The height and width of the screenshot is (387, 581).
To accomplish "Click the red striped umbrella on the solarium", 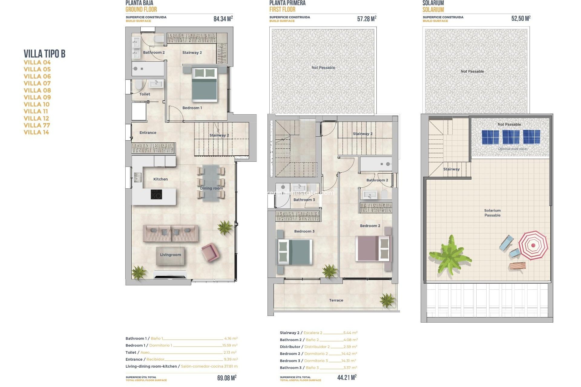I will (533, 245).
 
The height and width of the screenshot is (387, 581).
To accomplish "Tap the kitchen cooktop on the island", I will (156, 194).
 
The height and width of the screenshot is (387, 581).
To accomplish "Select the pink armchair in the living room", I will (209, 252).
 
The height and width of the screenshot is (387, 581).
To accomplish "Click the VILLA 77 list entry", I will (37, 125).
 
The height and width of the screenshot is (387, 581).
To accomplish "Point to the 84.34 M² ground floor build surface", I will (223, 19).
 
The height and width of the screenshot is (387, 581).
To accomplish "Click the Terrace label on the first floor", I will (336, 300).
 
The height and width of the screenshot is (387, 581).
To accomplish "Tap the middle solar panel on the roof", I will (511, 137).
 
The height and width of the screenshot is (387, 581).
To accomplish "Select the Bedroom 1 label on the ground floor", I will (192, 108).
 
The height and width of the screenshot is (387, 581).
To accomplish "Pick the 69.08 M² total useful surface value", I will (227, 378).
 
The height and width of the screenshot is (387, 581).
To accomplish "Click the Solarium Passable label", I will (492, 213).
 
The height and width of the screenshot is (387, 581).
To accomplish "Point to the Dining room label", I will (211, 188).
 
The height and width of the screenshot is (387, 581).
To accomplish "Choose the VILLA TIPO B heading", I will (44, 54).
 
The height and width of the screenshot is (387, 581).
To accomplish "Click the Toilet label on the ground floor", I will (145, 94).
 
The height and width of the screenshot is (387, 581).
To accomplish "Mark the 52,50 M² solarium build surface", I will (521, 19).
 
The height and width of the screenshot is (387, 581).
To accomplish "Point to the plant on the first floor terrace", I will (387, 300).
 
